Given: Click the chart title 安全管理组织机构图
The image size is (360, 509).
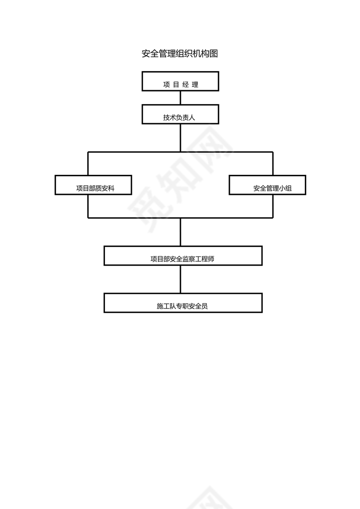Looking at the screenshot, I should point(180,54).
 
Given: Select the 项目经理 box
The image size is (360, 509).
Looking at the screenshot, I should point(180,81).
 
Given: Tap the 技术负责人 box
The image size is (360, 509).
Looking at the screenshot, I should point(180,114).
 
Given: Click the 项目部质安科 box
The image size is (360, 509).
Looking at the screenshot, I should point(94,185).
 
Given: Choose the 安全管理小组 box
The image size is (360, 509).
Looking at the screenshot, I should point(267,185).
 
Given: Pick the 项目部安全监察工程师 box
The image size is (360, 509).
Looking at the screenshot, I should point(183,256).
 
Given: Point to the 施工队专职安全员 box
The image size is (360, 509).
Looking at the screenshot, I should point(183,303).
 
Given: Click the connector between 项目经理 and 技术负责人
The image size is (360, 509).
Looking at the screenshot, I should point(180,98).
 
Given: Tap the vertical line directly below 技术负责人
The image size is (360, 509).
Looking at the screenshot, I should point(180,138).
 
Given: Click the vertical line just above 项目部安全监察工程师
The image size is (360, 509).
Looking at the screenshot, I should point(180,232).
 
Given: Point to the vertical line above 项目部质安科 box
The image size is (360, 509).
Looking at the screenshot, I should point(88,164).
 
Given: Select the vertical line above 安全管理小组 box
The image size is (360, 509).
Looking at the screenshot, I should point(273,164).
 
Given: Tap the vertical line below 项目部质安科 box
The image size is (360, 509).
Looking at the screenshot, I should point(88,206).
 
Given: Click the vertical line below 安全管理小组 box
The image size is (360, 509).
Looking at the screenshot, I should point(273,206).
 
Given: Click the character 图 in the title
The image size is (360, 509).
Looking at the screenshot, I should point(213,54).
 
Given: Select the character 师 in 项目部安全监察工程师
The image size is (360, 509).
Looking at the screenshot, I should point(211,259).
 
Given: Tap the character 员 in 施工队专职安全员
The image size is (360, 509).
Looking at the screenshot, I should point(204,306).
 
